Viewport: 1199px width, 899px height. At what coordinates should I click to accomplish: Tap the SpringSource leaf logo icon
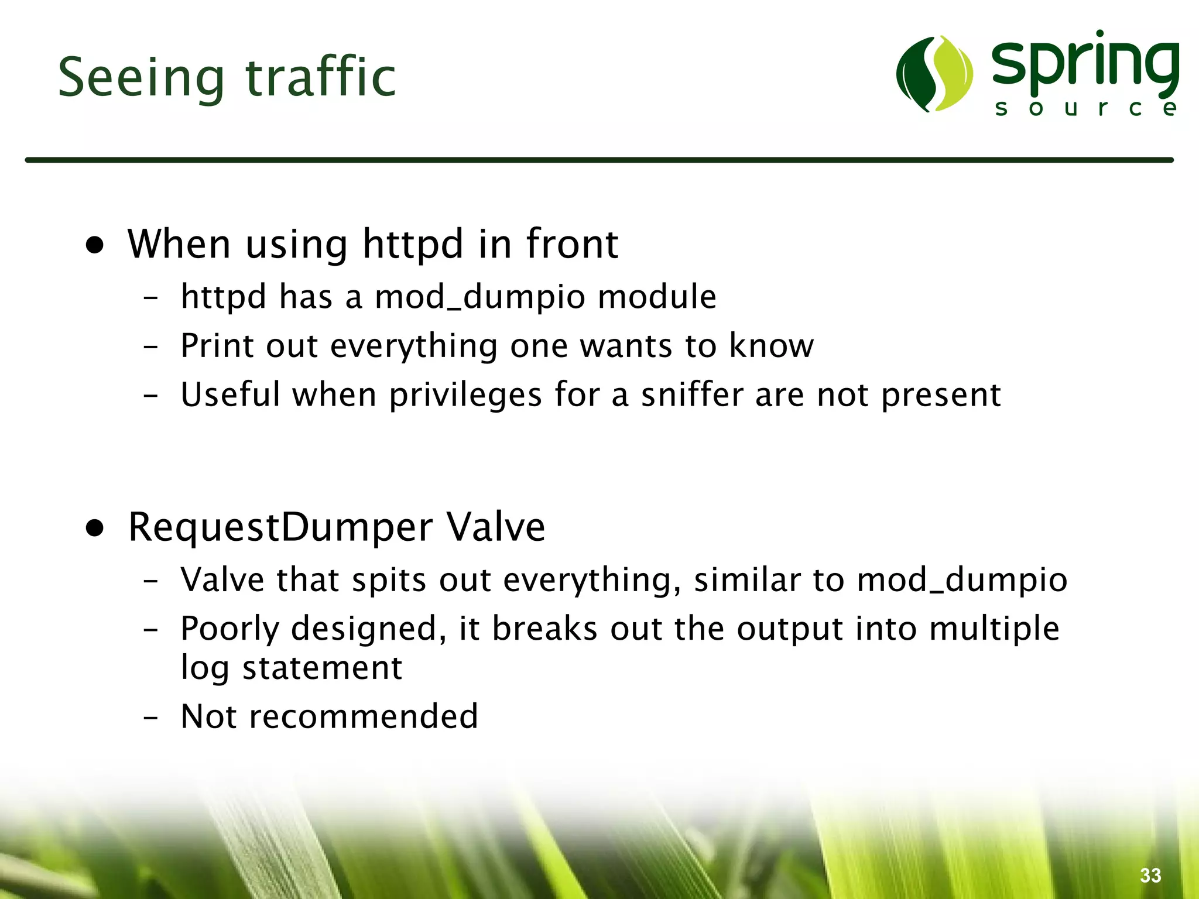(x=934, y=74)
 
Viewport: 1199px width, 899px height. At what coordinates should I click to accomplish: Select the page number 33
(x=1150, y=875)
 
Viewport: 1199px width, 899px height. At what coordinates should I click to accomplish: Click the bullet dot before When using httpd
(x=95, y=246)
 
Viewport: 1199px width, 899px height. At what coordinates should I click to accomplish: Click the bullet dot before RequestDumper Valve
(x=95, y=529)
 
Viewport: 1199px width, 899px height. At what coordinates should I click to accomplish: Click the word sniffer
(x=692, y=394)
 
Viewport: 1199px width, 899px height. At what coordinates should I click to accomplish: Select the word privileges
(x=465, y=395)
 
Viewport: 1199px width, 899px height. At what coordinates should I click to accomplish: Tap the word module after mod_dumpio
(x=657, y=296)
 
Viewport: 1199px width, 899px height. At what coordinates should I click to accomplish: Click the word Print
(x=217, y=345)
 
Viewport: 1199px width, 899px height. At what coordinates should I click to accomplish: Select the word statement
(x=322, y=668)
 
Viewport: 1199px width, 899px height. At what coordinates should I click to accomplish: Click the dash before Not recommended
(x=150, y=717)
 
